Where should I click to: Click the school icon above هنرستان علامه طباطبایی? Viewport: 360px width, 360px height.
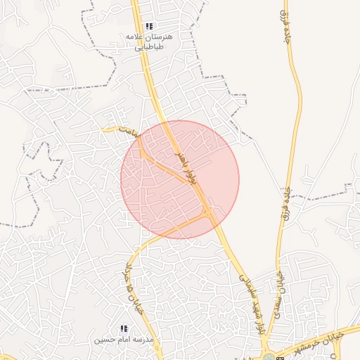pos(149,26)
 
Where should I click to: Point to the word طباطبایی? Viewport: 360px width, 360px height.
pos(150,46)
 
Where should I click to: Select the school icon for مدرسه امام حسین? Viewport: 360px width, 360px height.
pos(124,328)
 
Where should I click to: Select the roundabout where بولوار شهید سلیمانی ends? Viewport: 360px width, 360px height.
pos(269,356)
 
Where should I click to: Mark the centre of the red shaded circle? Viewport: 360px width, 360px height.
pos(180,179)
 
